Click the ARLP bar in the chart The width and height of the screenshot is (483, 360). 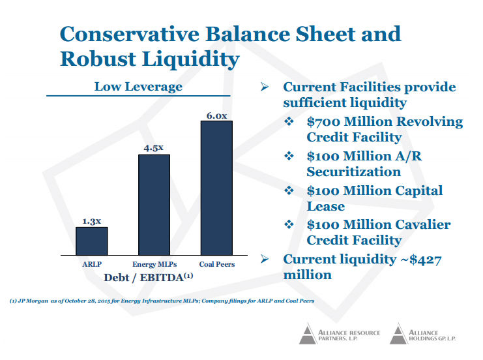[92, 241]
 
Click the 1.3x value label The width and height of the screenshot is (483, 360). [92, 221]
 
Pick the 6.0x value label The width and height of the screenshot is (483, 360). [216, 115]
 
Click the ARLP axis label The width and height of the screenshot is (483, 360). [92, 264]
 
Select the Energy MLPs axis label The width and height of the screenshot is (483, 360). [154, 264]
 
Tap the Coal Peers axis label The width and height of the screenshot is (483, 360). [217, 264]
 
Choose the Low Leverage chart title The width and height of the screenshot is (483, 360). [138, 87]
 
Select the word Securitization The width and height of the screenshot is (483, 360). [353, 172]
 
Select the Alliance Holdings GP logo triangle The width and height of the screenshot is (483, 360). [398, 335]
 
